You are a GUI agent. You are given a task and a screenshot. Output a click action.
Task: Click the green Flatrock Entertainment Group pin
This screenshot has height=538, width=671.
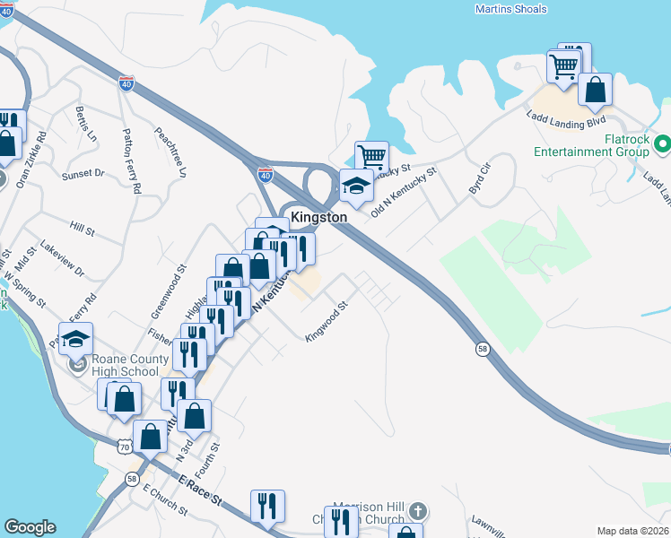(x=662, y=143)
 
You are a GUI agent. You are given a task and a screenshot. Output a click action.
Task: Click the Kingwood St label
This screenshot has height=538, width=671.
(x=326, y=325)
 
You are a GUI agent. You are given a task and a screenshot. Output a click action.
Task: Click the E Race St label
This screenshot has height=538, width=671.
(x=199, y=490)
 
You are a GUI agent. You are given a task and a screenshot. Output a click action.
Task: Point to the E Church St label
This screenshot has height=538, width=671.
(x=165, y=503)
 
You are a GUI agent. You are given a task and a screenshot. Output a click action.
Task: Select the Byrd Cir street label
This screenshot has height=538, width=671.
(x=481, y=179)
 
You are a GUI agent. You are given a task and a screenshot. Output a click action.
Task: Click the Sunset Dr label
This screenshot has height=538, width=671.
(x=83, y=174)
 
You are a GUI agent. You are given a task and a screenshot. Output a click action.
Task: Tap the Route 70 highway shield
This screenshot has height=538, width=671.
(x=123, y=446)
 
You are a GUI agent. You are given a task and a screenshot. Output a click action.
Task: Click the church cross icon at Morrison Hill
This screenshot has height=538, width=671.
(x=416, y=510)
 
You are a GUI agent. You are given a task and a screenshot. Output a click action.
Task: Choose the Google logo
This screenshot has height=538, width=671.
(x=30, y=527)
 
